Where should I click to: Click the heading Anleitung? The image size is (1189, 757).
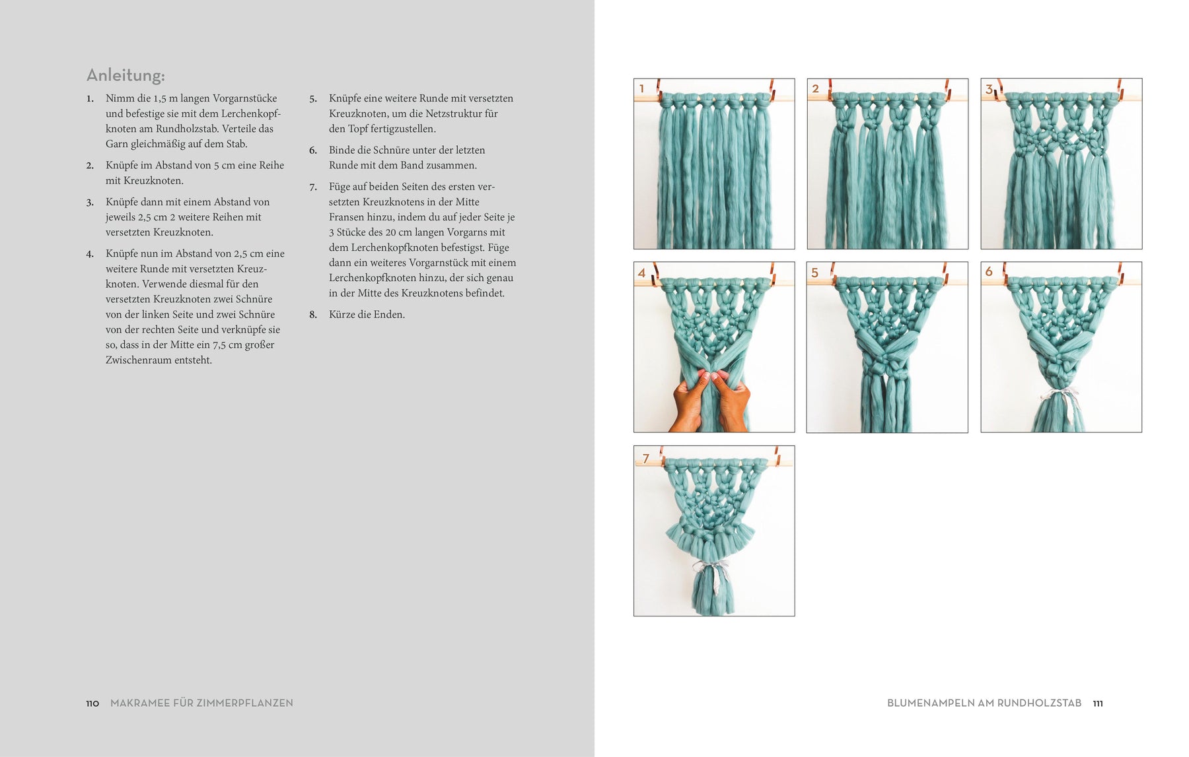126,75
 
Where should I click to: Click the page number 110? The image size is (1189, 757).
92,704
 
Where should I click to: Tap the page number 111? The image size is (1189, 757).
1098,704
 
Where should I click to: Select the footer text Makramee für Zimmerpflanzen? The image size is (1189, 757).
201,704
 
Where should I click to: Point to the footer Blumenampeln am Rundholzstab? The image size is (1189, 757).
984,704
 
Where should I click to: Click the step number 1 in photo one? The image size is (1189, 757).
641,88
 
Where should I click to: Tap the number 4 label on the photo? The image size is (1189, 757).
641,273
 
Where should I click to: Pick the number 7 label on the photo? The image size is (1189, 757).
646,458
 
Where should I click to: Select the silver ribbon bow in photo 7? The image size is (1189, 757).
710,568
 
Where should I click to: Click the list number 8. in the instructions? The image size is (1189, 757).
313,315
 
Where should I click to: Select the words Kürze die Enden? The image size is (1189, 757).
367,315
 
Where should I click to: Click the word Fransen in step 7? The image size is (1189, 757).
346,217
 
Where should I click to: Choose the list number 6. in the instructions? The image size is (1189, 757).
313,150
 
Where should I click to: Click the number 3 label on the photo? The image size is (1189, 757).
989,89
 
